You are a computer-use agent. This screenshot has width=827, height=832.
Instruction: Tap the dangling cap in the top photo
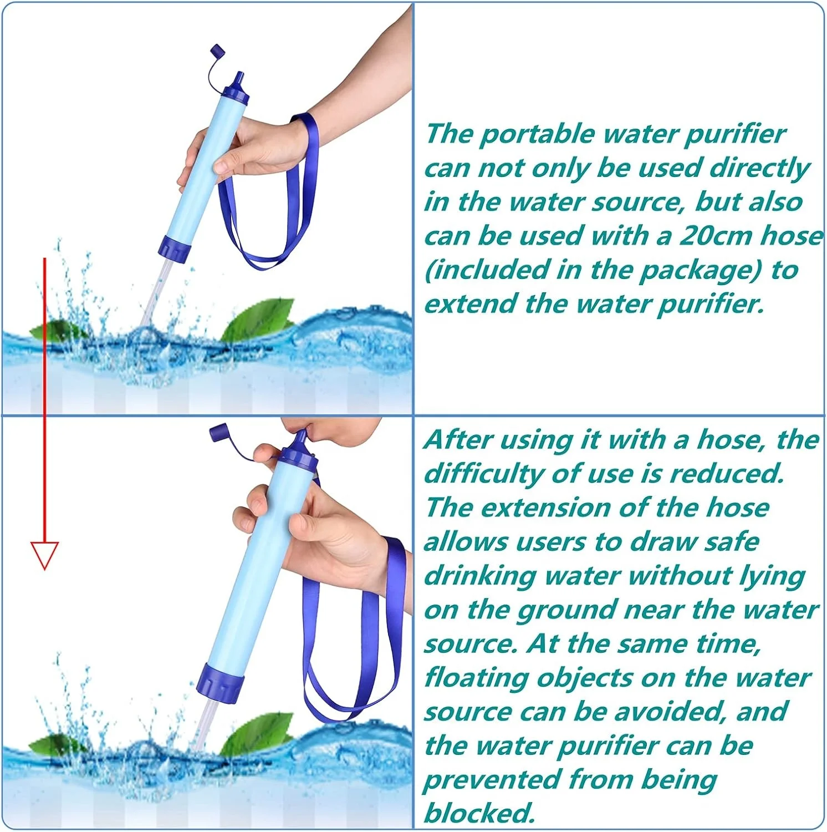[x=218, y=53]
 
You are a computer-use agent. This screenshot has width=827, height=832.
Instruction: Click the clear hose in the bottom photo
[x=204, y=724]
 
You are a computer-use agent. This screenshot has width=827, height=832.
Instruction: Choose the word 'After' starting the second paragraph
[x=458, y=440]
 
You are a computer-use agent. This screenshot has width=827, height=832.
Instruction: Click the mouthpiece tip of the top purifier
[x=239, y=77]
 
